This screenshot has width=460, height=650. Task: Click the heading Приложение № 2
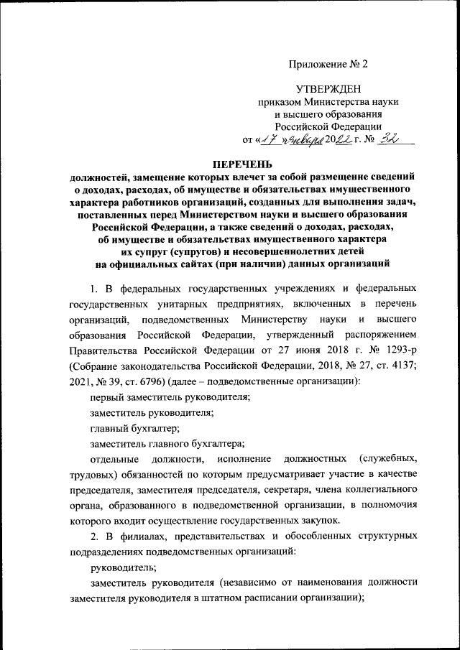tap(328, 64)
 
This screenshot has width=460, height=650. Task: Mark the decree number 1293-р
tap(395, 351)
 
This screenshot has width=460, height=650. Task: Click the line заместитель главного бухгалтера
tap(167, 443)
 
